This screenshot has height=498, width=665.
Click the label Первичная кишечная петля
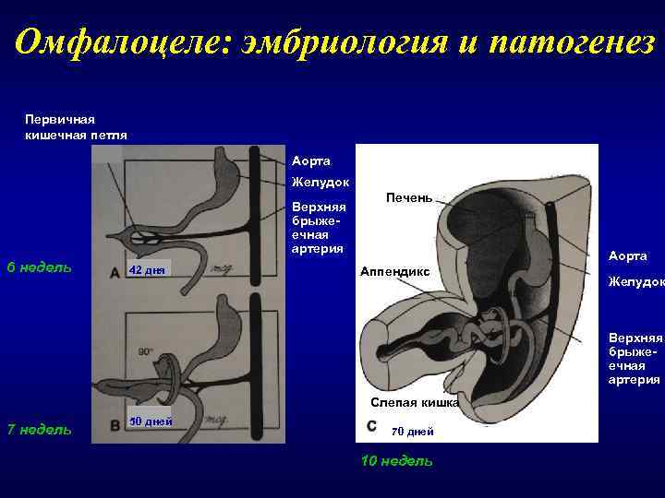76,126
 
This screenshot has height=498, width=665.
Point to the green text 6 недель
39,267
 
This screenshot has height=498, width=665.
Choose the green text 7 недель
39,428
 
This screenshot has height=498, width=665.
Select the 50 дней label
148,421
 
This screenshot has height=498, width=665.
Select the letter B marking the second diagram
114,426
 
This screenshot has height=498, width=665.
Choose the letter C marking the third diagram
370,426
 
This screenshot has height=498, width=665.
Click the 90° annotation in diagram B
145,351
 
